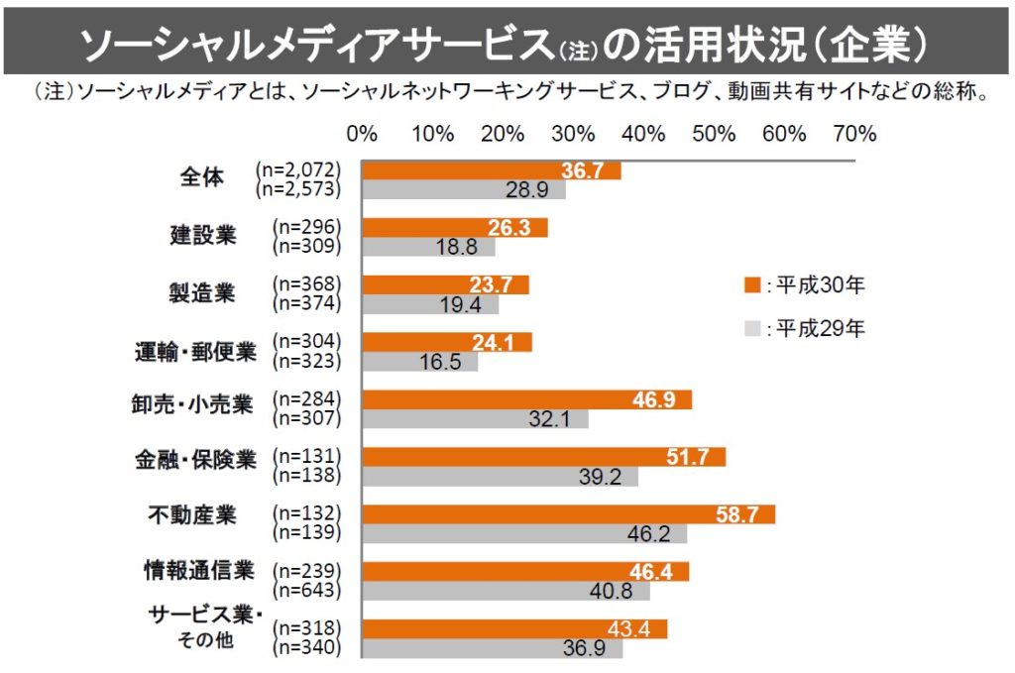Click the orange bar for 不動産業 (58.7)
pos(568,514)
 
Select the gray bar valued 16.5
pos(420,362)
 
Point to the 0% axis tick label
pos(363,134)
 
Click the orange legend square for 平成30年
pos(750,286)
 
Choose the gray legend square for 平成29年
pos(750,328)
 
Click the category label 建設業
pos(202,236)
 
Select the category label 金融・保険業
pos(195,461)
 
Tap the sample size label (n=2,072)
pos(297,170)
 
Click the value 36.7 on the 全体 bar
pos(583,171)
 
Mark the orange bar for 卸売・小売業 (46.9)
pos(526,400)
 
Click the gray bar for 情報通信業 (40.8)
pos(506,591)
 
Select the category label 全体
pos(202,178)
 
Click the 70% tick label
pos(855,134)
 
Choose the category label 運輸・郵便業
pos(195,350)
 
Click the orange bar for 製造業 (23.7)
pos(445,285)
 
